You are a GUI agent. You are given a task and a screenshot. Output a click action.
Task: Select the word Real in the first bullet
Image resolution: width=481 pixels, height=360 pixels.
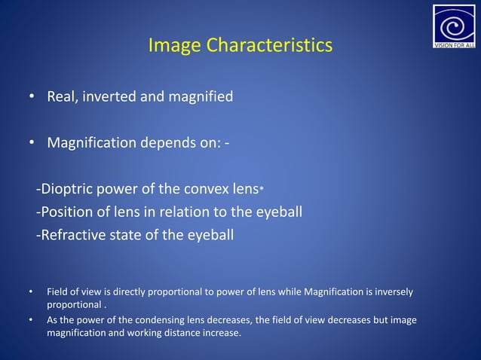point(63,96)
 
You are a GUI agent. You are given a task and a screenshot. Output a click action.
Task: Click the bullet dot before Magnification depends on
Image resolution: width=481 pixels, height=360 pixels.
point(31,143)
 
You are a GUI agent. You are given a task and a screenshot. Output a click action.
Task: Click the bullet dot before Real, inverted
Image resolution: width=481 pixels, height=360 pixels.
point(31,97)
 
